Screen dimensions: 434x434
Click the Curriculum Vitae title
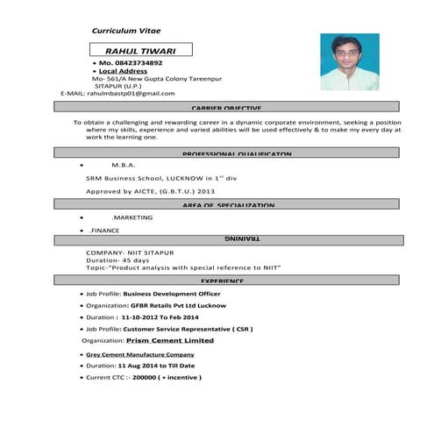pyautogui.click(x=126, y=31)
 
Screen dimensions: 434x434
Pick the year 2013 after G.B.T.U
pyautogui.click(x=206, y=190)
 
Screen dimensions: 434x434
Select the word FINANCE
pyautogui.click(x=105, y=231)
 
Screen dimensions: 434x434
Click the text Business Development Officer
pyautogui.click(x=172, y=293)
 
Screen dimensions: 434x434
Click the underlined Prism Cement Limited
pyautogui.click(x=170, y=339)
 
